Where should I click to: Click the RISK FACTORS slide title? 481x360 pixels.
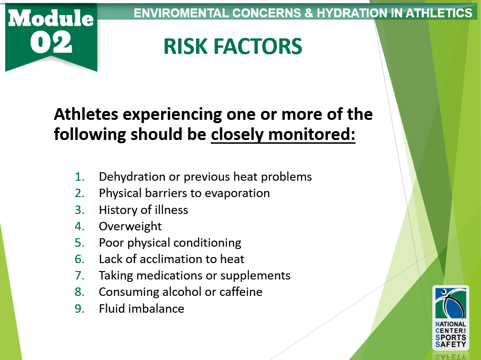coord(233,46)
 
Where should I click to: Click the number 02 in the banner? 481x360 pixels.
coord(52,43)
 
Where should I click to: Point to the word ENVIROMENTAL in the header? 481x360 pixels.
coord(184,13)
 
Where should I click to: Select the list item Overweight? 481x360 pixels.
coord(130,227)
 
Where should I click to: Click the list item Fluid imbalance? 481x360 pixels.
coord(141,309)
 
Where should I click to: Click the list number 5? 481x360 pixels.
coord(79,243)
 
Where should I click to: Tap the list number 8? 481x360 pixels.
coord(79,292)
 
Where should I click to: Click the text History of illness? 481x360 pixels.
coord(143,210)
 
